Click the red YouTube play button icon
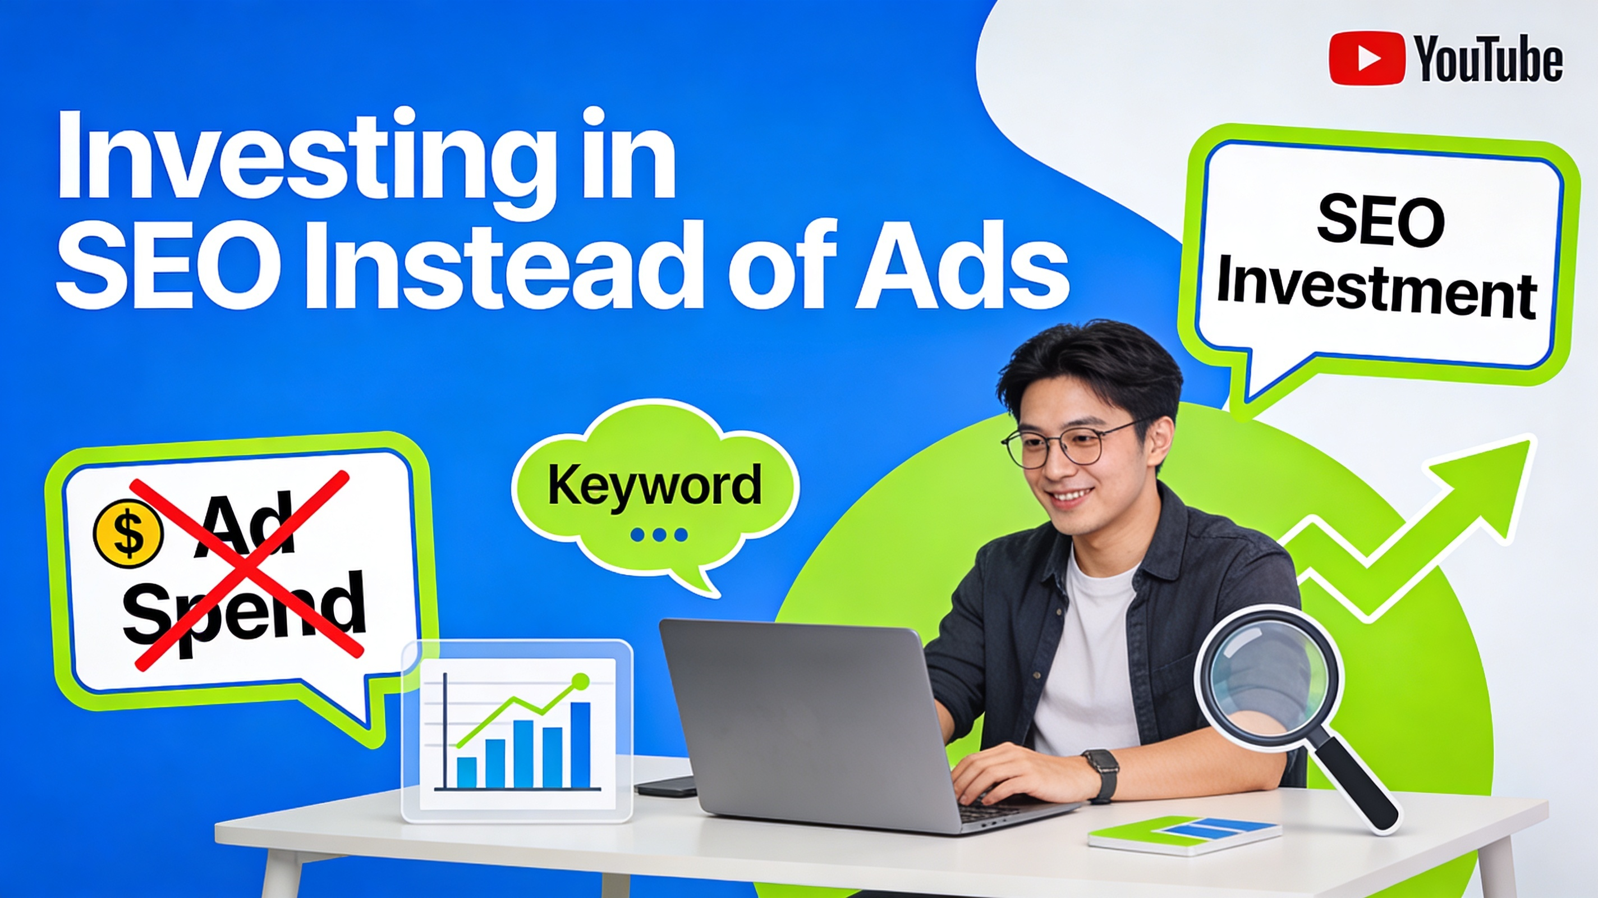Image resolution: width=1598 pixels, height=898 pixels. tap(1367, 58)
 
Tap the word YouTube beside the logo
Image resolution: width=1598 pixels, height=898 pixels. tap(1488, 59)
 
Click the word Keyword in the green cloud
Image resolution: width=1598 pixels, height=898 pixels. tap(654, 486)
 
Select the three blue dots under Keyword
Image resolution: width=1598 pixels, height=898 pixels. tap(658, 534)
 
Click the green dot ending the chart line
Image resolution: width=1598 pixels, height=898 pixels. tap(581, 681)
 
